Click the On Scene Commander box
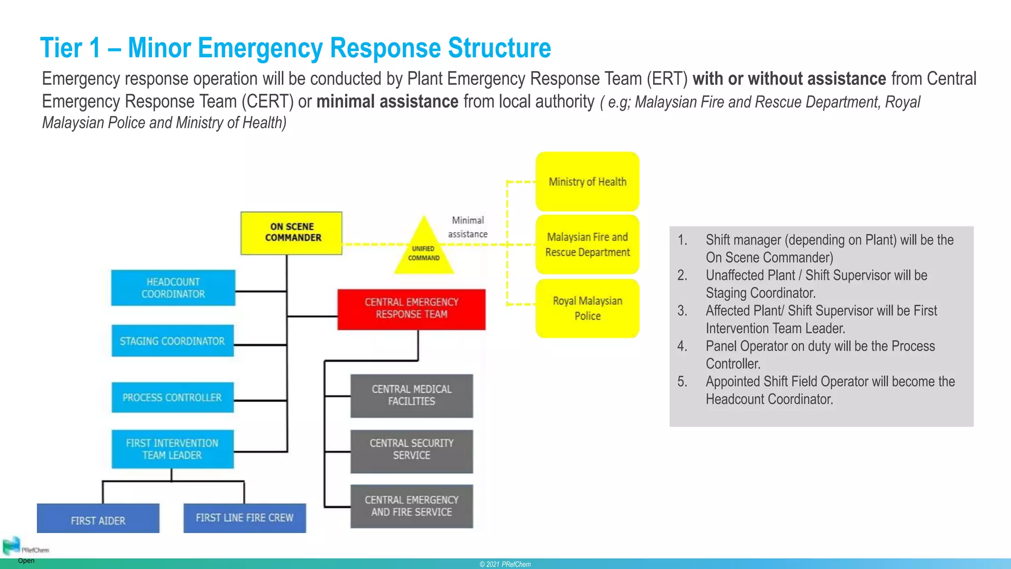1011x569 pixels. pyautogui.click(x=291, y=233)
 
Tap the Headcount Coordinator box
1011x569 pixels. pyautogui.click(x=173, y=288)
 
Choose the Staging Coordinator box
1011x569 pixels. pyautogui.click(x=172, y=341)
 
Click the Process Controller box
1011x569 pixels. pyautogui.click(x=172, y=398)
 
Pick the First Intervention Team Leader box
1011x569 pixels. pyautogui.click(x=172, y=449)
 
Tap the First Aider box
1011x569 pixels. pyautogui.click(x=98, y=519)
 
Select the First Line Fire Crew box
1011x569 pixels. pyautogui.click(x=244, y=518)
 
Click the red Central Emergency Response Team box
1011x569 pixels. pyautogui.click(x=411, y=309)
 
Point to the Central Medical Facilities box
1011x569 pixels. pyautogui.click(x=411, y=396)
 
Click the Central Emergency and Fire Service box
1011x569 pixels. pyautogui.click(x=411, y=506)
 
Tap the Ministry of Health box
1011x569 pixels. pyautogui.click(x=587, y=182)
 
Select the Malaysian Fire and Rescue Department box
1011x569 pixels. pyautogui.click(x=587, y=244)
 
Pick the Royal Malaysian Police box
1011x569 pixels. pyautogui.click(x=587, y=308)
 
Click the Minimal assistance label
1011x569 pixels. pyautogui.click(x=467, y=227)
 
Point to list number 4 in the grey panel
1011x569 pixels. pyautogui.click(x=682, y=346)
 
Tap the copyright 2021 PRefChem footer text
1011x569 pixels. pyautogui.click(x=505, y=564)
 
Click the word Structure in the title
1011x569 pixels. pyautogui.click(x=499, y=48)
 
